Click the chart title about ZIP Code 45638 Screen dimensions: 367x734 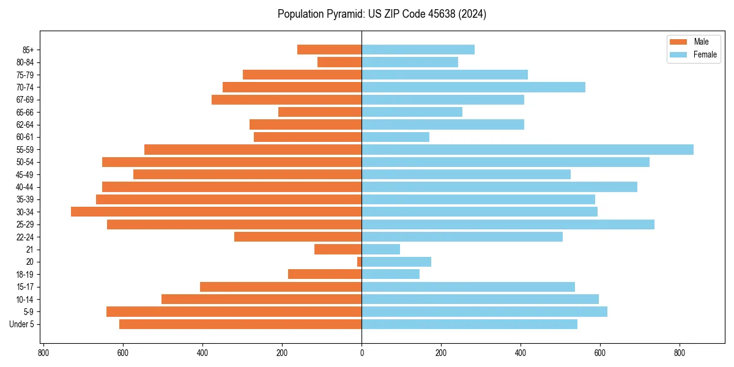(382, 14)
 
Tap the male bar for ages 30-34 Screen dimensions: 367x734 (216, 212)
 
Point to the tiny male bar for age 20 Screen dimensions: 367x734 (360, 262)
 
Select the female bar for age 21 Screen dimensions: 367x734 (380, 249)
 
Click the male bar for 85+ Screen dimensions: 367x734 (329, 50)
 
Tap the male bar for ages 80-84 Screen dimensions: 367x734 (339, 62)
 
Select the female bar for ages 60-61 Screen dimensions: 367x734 (395, 137)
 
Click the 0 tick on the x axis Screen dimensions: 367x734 (361, 353)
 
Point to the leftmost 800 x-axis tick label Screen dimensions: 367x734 (43, 353)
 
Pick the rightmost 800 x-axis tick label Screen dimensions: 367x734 (680, 353)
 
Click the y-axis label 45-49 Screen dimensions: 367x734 (25, 174)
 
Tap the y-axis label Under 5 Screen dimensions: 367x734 (22, 324)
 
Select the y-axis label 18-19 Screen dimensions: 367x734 (25, 274)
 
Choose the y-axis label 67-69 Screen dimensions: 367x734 (25, 100)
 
